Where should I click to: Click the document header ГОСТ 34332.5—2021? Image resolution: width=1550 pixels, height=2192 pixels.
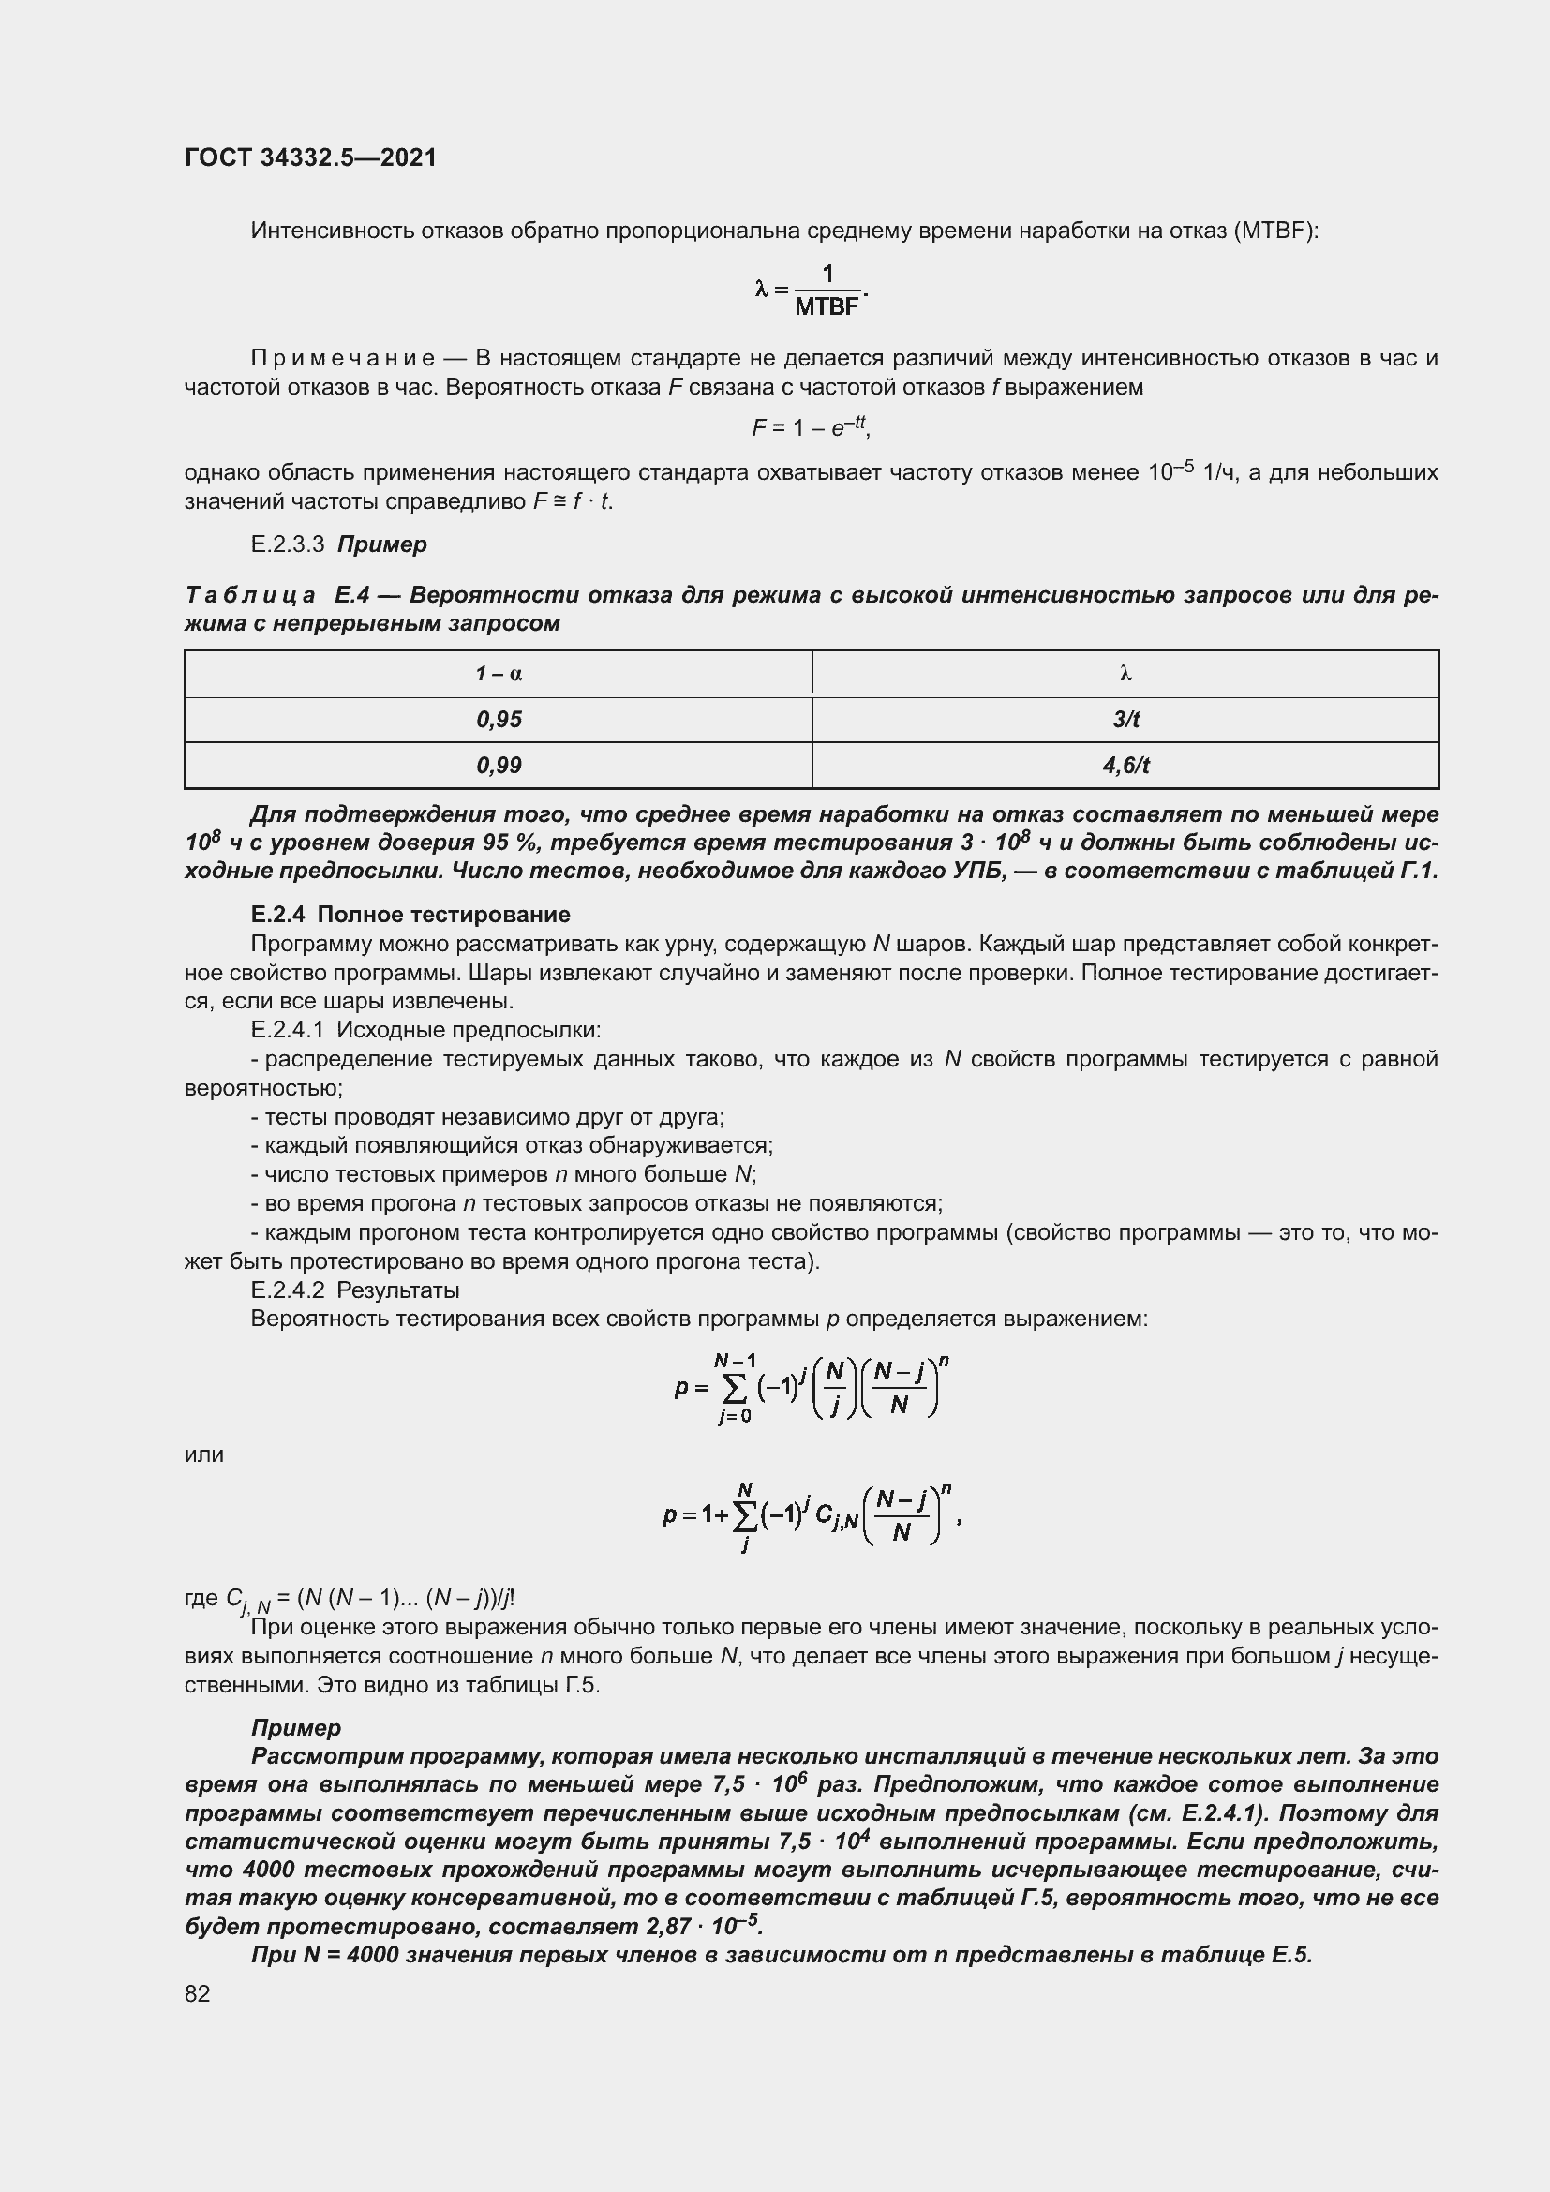point(310,157)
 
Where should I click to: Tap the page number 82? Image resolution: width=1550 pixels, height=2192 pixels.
point(198,1993)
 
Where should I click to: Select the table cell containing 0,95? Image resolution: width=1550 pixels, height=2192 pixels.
point(499,720)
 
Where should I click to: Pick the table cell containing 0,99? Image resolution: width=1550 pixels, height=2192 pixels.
point(499,766)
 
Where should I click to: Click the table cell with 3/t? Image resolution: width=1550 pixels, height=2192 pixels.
point(1125,720)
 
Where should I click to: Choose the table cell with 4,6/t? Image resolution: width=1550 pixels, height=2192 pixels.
point(1125,766)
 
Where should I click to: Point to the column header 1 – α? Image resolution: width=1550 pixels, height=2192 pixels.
point(499,674)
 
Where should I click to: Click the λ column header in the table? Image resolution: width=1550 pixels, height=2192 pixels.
point(1125,674)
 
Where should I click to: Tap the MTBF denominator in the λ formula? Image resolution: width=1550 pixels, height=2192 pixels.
point(827,307)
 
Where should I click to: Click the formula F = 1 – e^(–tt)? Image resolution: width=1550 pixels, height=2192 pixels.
point(811,428)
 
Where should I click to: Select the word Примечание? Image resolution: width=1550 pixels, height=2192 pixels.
point(343,359)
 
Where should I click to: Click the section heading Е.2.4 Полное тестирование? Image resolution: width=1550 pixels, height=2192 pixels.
point(410,915)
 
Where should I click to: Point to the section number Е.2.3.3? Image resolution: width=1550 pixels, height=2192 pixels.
point(288,544)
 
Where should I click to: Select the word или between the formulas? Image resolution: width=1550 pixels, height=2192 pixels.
point(203,1455)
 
